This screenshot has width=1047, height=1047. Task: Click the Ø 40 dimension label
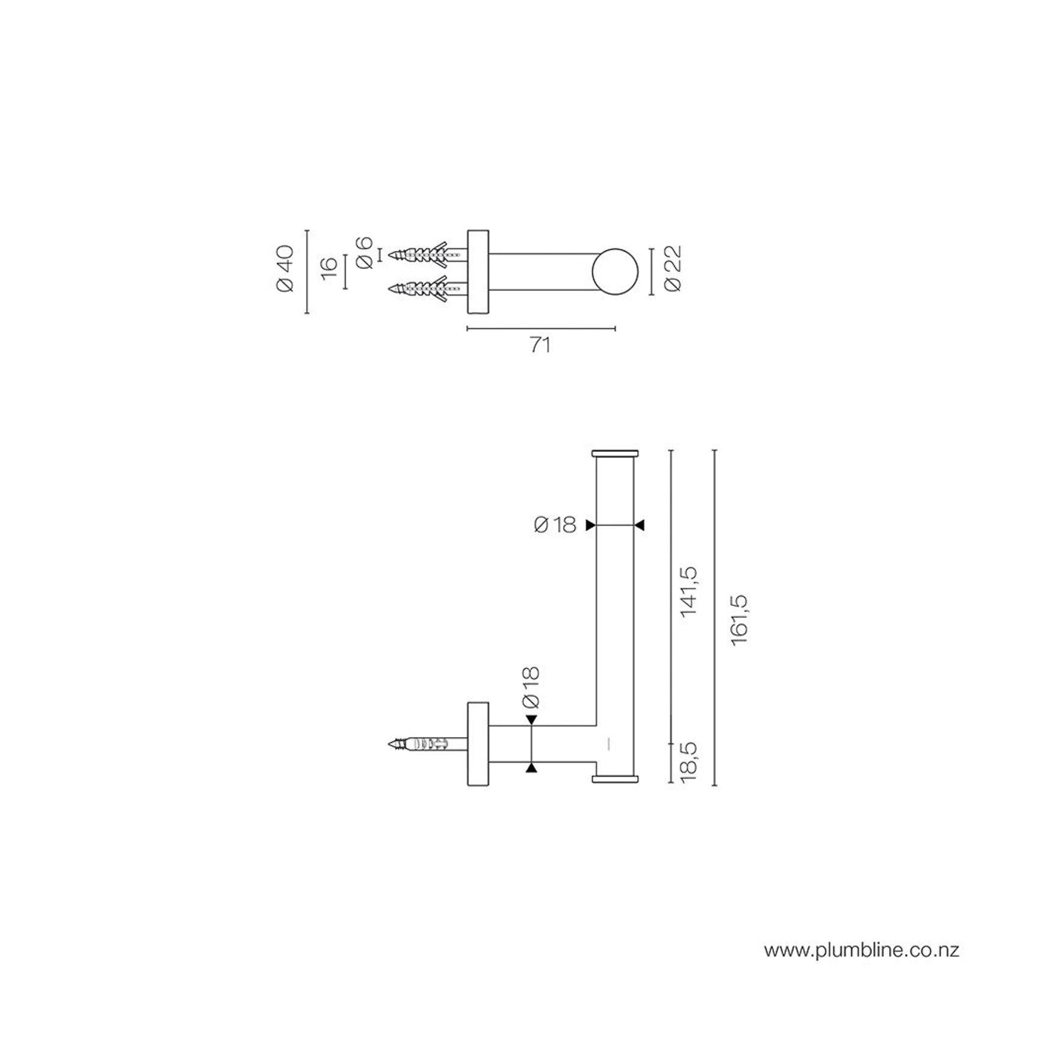(x=285, y=269)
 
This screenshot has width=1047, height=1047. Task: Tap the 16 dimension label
(x=329, y=269)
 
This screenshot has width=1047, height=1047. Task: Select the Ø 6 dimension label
(x=365, y=253)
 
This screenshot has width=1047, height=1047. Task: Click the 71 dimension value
(x=540, y=345)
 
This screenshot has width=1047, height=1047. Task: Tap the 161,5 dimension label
(x=740, y=619)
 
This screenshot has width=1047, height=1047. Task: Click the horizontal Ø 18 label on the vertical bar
(x=555, y=525)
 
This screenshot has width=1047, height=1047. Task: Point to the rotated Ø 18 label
(x=531, y=687)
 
